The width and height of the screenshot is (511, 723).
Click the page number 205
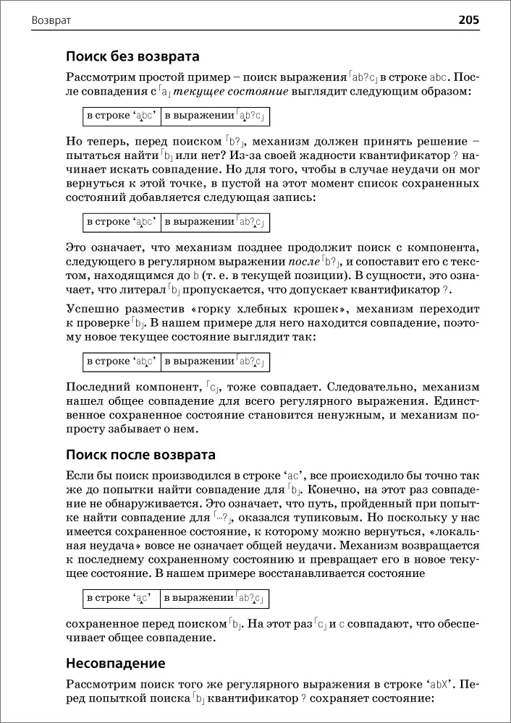(468, 20)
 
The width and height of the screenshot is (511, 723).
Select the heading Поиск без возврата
(132, 56)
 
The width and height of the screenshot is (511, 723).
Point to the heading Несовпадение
(116, 663)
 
